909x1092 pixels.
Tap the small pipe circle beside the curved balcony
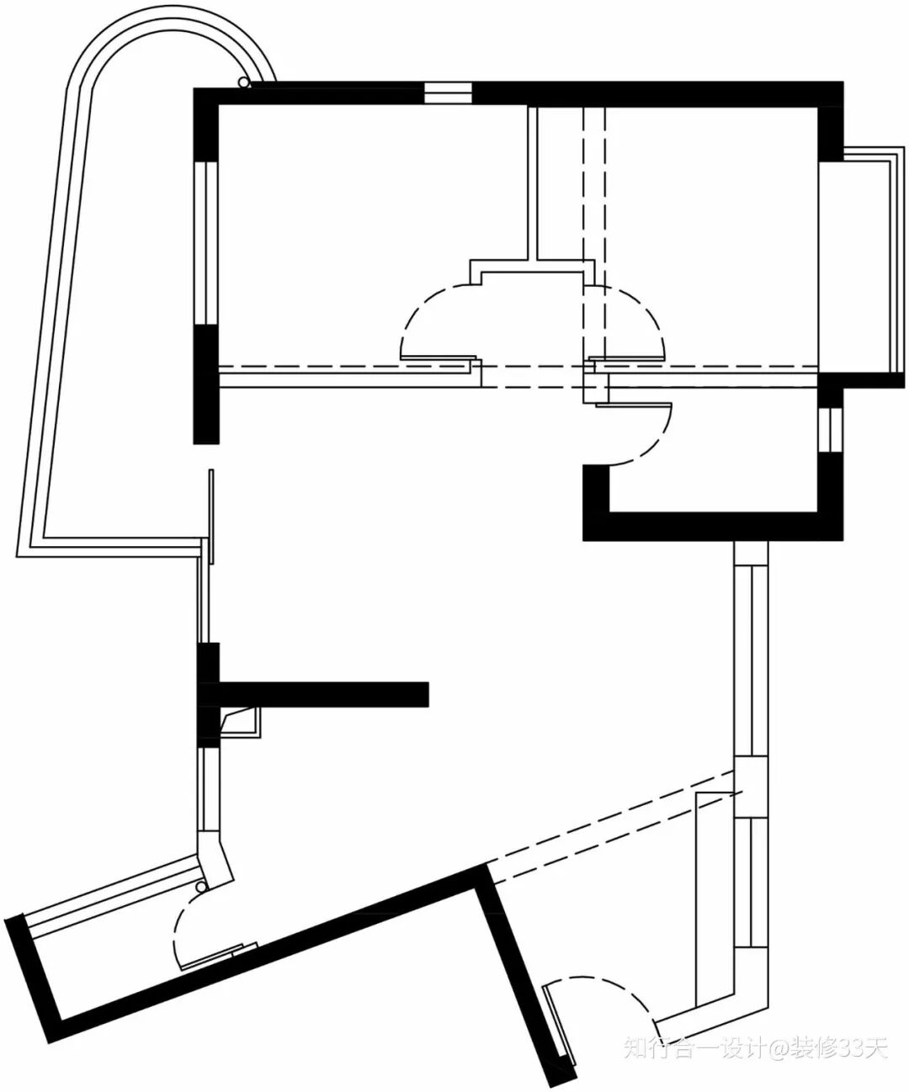click(243, 82)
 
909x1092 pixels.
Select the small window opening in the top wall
click(448, 93)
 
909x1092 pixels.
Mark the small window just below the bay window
click(830, 430)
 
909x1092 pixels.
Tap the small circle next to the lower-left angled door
click(201, 888)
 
